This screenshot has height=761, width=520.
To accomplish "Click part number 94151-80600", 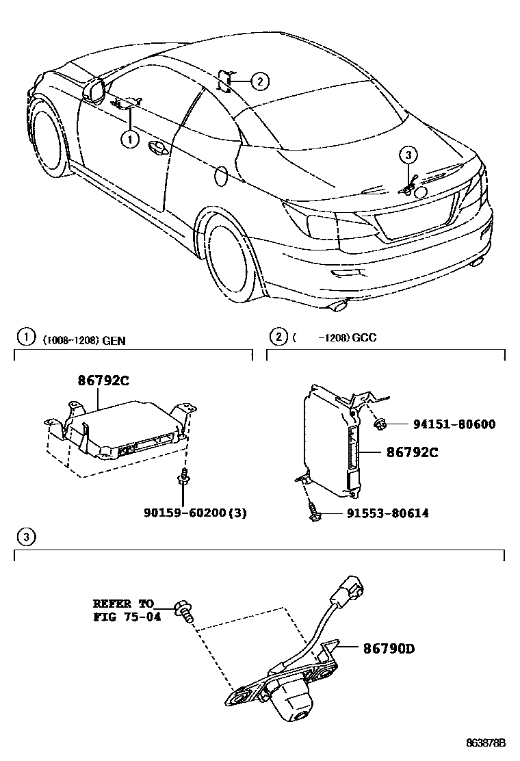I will coord(454,424).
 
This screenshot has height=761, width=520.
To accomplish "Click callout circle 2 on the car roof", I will coord(259,81).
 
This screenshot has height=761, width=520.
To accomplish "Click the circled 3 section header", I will coord(25,537).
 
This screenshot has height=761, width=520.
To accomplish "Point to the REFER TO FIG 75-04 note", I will coord(124,608).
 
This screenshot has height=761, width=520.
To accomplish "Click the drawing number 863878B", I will coord(486,743).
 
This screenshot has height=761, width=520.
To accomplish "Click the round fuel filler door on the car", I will coord(221,176).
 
